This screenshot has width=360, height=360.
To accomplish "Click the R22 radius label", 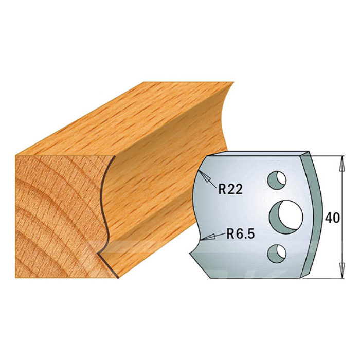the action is click(230, 189).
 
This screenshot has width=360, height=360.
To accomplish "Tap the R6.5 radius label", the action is click(241, 234).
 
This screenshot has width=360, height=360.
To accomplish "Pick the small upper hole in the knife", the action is click(277, 180).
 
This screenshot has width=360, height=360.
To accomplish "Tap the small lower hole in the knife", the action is click(277, 254).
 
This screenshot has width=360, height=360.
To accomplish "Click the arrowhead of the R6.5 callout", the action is click(208, 238).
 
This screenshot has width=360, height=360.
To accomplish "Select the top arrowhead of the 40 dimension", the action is click(343, 164).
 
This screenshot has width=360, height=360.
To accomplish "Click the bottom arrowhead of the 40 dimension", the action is click(343, 270).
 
